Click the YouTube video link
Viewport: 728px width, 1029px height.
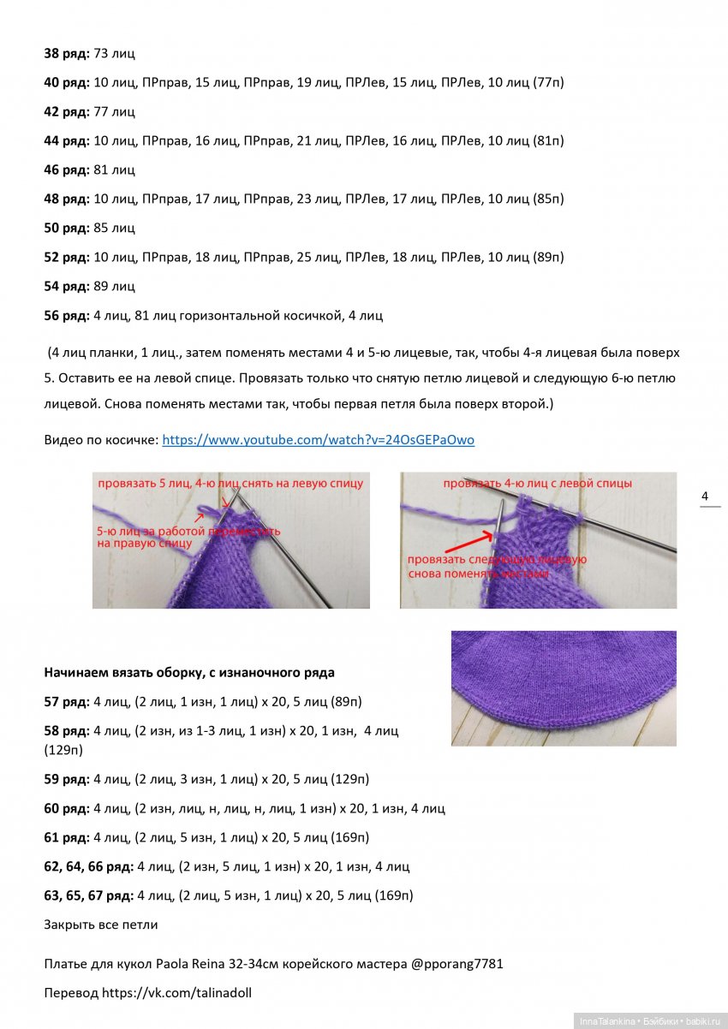[318, 440]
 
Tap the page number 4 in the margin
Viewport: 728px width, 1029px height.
[705, 497]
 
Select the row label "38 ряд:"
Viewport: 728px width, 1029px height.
[67, 53]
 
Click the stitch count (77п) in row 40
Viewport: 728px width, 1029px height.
[547, 82]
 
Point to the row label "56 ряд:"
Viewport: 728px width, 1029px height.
[67, 315]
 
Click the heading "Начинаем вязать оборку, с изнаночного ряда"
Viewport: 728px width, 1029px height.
[189, 673]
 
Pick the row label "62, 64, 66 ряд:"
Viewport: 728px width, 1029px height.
[89, 866]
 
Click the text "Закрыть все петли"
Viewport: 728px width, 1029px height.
[101, 925]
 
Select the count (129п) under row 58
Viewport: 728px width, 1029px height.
[61, 750]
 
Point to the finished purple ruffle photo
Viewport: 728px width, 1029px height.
[564, 688]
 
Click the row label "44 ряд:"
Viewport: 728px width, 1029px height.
[67, 140]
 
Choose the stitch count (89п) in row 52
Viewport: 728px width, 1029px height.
[547, 257]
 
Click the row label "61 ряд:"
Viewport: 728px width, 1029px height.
[67, 837]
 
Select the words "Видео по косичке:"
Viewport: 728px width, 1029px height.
[101, 440]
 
